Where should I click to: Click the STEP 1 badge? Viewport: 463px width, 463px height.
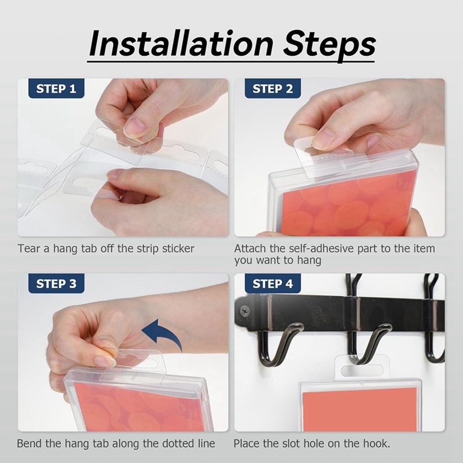[x=56, y=89]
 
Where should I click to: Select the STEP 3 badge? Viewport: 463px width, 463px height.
[x=56, y=284]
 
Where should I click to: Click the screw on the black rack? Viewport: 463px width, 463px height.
[x=244, y=311]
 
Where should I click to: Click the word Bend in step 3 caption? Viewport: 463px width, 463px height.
[x=29, y=444]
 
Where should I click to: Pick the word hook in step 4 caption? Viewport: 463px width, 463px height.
[x=377, y=444]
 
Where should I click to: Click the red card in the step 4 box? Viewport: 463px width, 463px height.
[x=359, y=408]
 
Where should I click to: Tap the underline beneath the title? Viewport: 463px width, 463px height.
[x=231, y=59]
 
